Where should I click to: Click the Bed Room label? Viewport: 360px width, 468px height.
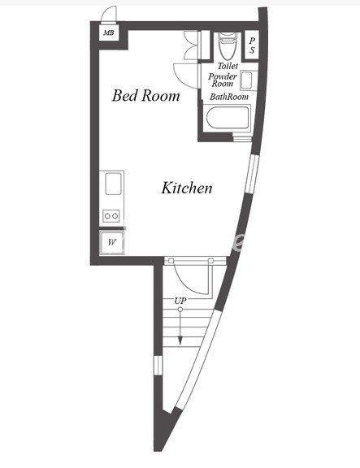click(x=146, y=96)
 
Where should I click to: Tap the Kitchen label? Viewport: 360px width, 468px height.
click(x=187, y=188)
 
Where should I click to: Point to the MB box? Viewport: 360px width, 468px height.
click(x=109, y=32)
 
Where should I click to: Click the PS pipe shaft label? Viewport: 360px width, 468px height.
click(x=252, y=45)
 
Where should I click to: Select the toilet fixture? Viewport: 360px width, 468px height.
click(x=228, y=45)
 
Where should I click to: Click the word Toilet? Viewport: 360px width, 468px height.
click(x=228, y=66)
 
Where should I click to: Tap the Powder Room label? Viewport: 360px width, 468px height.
click(x=223, y=80)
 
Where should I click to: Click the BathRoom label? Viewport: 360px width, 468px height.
click(x=229, y=97)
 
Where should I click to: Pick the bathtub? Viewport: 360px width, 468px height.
click(x=228, y=117)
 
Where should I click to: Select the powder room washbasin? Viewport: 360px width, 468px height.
click(x=248, y=80)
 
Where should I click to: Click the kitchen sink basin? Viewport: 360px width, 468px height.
click(x=113, y=184)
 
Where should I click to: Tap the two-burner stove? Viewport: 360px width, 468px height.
click(x=111, y=216)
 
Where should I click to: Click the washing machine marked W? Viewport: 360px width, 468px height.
click(x=111, y=242)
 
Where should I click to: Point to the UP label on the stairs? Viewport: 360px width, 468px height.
click(x=180, y=301)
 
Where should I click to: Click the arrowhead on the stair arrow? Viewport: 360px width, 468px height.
click(x=180, y=340)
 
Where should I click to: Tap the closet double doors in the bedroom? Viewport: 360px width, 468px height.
click(x=191, y=45)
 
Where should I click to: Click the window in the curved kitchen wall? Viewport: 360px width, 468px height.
click(x=251, y=175)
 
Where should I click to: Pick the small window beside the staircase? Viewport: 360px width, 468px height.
click(x=158, y=365)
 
